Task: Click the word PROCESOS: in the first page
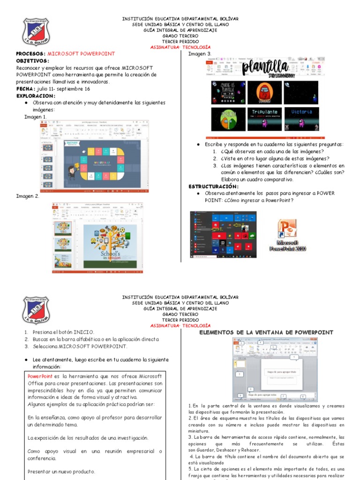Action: [31, 54]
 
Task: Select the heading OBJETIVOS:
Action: [32, 61]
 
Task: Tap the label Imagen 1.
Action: [36, 117]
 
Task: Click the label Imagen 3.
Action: [200, 54]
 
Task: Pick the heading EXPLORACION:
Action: [36, 96]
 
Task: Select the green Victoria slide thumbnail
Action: [301, 119]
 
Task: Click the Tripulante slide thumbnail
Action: [265, 119]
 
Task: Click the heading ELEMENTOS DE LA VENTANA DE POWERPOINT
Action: [266, 332]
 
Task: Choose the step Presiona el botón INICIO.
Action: [63, 332]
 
